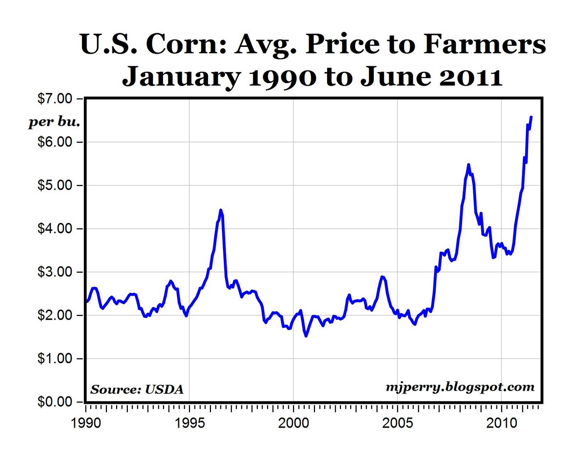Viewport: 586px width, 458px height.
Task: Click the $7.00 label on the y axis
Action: click(55, 99)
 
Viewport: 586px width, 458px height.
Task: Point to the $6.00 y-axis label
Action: click(55, 142)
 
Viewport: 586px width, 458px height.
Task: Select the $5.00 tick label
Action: click(55, 185)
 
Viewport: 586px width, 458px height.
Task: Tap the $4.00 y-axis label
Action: click(55, 229)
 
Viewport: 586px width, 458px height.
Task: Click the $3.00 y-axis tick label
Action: click(55, 272)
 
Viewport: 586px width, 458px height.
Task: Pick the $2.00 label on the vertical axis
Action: click(55, 315)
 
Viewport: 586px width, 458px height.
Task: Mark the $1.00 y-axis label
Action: click(55, 358)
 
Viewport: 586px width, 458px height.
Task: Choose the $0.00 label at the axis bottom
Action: click(55, 402)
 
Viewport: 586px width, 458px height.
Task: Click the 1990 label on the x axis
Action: click(86, 423)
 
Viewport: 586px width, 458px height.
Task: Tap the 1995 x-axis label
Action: click(189, 423)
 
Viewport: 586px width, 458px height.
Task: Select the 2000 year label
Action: click(293, 423)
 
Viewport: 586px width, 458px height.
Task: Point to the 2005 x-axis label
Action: click(397, 423)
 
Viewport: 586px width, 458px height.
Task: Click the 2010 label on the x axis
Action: click(501, 423)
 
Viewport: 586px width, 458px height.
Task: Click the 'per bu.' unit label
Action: click(54, 122)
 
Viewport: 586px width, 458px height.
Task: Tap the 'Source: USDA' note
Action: click(137, 389)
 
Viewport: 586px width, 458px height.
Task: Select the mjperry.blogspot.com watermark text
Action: click(460, 387)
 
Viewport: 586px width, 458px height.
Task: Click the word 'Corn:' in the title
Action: click(186, 45)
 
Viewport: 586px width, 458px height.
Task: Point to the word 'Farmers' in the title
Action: click(485, 45)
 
